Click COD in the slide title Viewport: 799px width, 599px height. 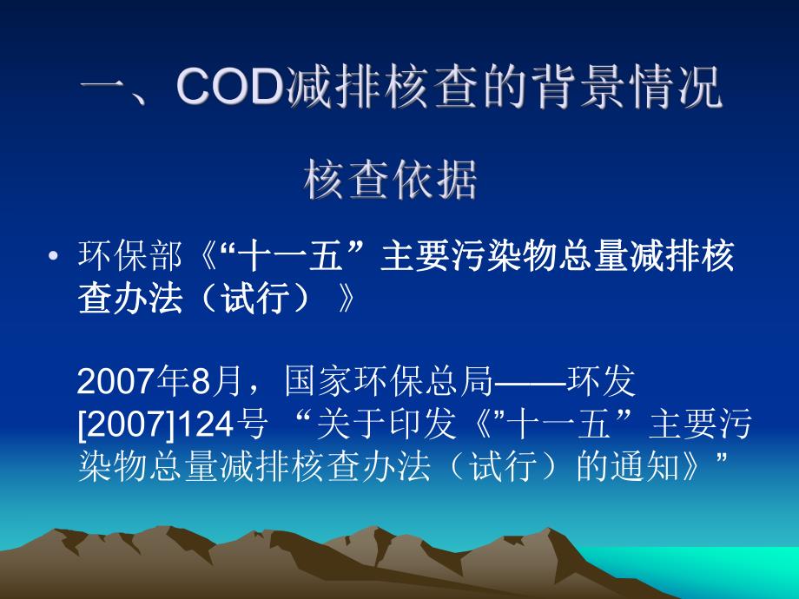pos(228,90)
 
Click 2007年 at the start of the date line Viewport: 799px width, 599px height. pos(130,381)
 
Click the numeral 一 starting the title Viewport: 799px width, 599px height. pos(105,90)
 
